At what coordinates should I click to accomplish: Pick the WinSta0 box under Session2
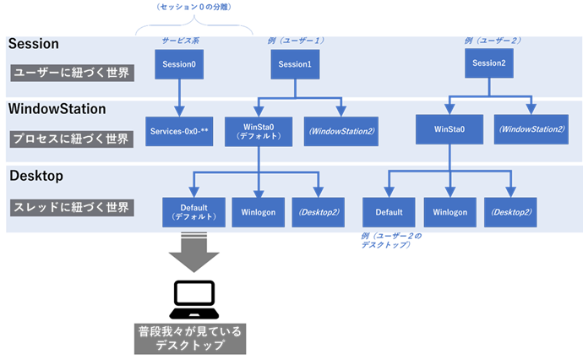448,130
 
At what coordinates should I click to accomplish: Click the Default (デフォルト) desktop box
194,210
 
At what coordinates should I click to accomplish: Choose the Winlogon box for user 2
448,211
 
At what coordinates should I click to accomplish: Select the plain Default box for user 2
388,211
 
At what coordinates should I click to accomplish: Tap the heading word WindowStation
57,109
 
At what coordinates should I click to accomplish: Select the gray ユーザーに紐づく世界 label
72,73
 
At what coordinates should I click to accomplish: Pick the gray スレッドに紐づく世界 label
72,207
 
